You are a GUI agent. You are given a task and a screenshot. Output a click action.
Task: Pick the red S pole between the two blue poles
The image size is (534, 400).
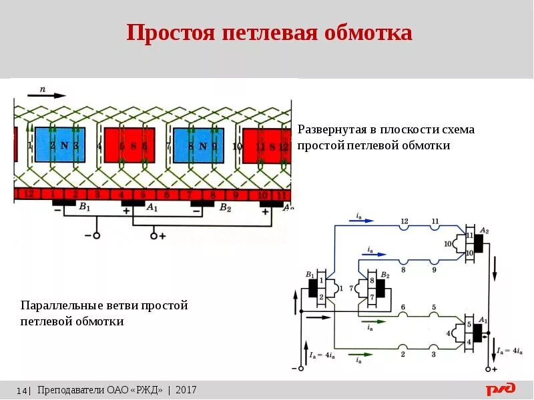[129, 145]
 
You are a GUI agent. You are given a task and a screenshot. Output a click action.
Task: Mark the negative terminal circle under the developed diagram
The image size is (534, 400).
[97, 235]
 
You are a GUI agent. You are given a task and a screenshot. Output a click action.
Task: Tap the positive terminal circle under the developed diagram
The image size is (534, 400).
[154, 235]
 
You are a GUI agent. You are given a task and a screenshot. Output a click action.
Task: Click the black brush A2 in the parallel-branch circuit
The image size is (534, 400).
[479, 244]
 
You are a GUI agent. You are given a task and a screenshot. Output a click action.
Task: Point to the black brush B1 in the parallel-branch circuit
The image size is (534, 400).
[313, 288]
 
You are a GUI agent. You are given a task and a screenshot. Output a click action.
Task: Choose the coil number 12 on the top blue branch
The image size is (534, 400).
[404, 221]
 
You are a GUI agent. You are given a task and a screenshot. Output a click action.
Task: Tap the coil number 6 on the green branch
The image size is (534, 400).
[403, 307]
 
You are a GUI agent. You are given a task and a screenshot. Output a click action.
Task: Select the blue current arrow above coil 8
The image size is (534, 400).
[377, 254]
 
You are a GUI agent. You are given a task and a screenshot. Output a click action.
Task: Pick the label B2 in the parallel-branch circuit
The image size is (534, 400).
[385, 274]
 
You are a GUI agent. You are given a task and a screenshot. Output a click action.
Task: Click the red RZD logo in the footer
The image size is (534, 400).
[500, 389]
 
